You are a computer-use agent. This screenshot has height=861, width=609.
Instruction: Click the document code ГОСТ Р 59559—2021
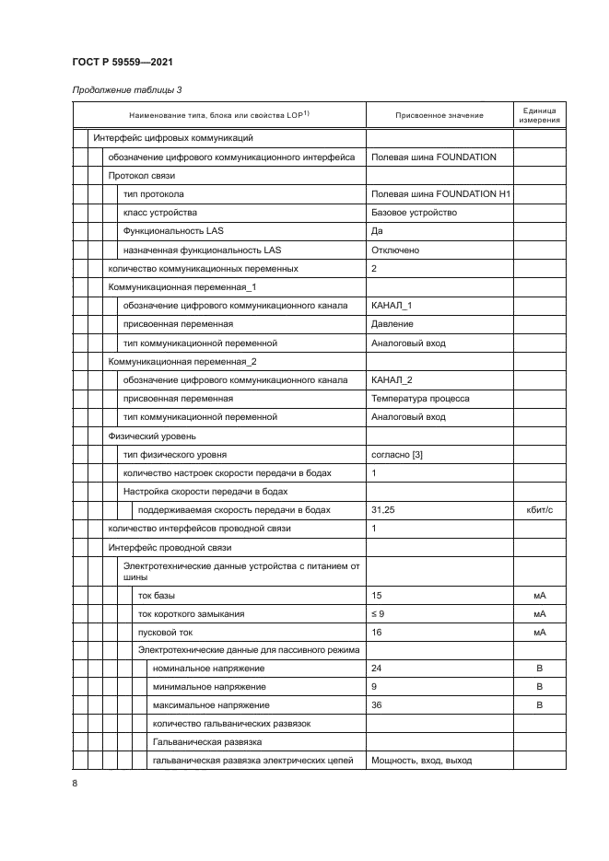(123, 62)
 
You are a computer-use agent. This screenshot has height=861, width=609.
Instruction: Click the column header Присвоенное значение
(439, 115)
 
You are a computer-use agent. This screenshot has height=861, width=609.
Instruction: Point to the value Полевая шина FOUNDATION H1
(440, 194)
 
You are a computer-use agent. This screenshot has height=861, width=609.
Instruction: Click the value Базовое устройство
(414, 213)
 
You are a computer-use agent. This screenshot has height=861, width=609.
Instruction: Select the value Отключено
(395, 250)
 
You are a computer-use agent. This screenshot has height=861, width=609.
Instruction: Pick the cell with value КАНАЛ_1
(392, 306)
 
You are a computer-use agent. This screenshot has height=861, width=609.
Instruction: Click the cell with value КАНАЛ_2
(392, 380)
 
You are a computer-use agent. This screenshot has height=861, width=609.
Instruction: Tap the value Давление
(392, 324)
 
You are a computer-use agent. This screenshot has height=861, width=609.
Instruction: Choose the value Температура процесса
(420, 399)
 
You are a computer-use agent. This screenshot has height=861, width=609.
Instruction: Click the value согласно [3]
(397, 455)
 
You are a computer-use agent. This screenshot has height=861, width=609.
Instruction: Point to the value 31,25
(382, 510)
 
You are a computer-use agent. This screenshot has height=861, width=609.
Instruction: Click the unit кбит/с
(539, 510)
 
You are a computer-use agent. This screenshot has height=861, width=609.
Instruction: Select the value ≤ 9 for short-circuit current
(378, 613)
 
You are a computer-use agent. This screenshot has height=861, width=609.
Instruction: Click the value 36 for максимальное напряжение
(376, 705)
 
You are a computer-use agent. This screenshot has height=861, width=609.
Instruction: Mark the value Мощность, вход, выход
(421, 761)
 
